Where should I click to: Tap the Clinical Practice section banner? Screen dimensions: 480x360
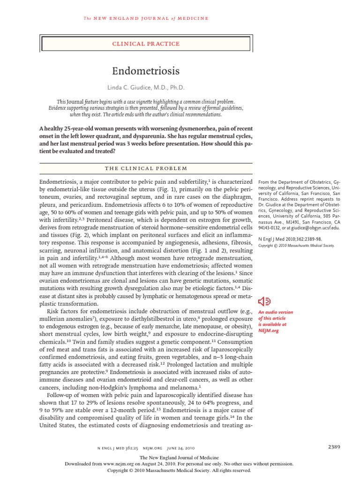145,44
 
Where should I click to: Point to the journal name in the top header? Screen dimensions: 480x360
145,18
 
